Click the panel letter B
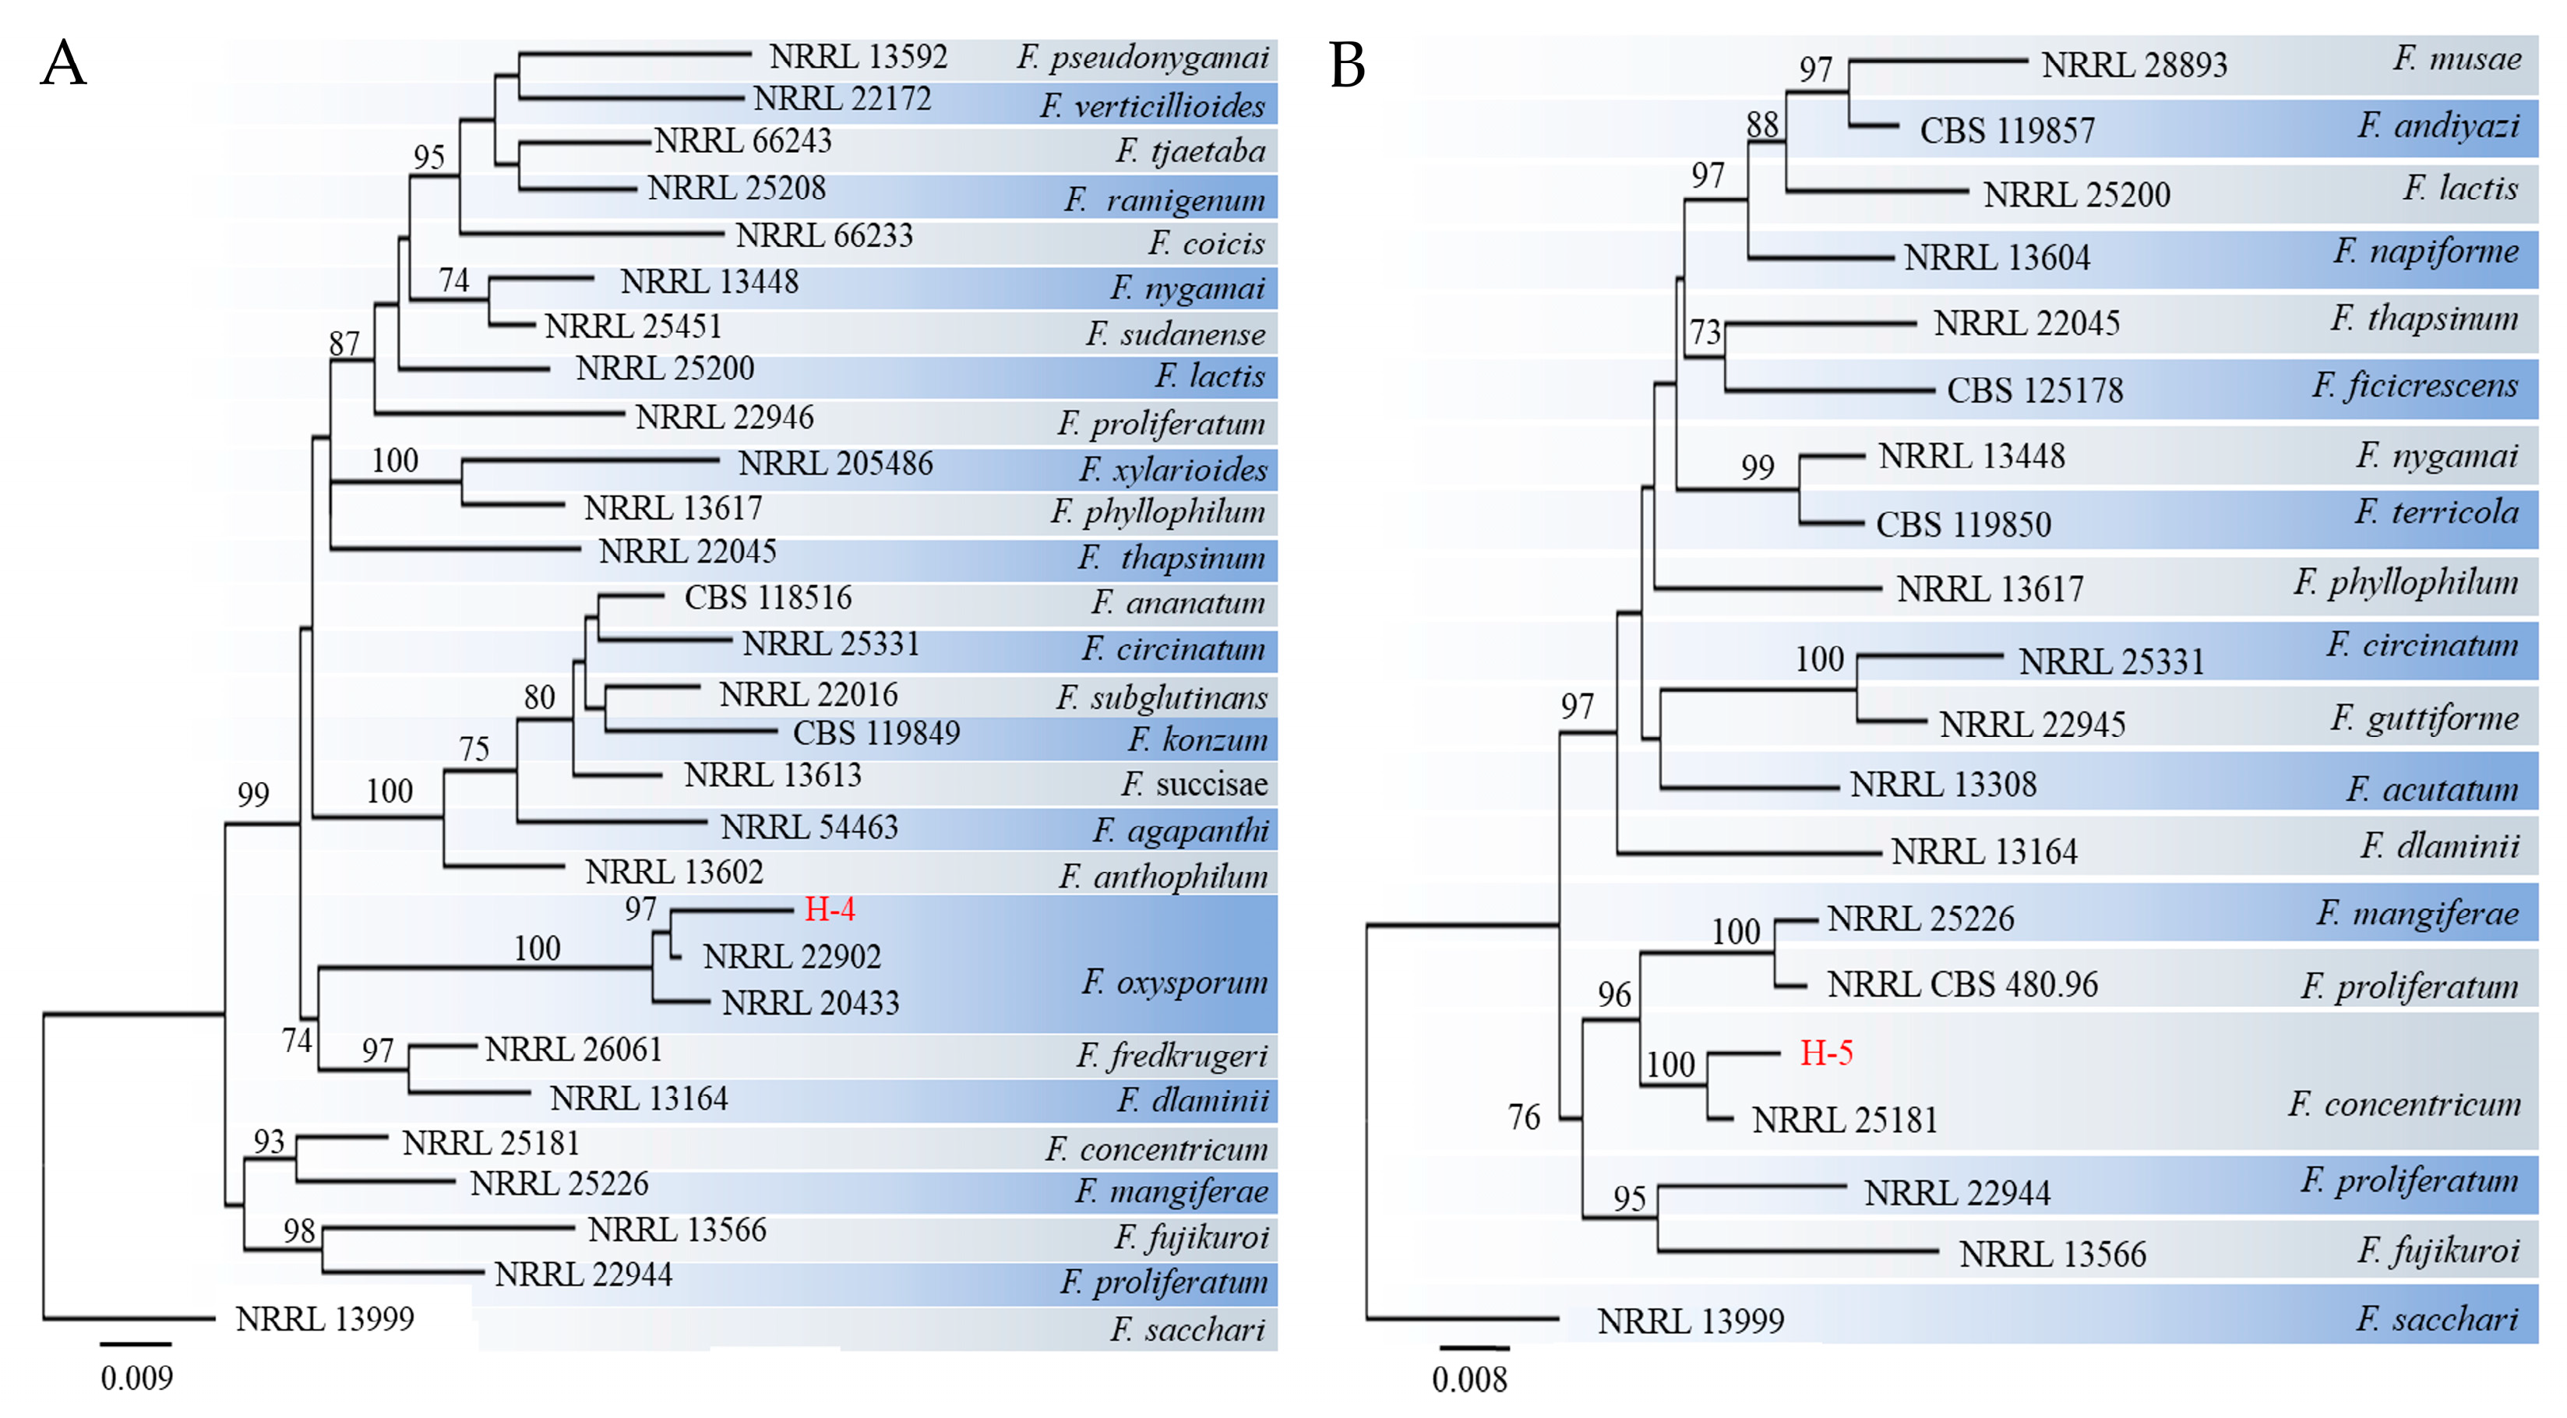1346,65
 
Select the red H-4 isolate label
829,908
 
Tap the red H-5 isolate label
1825,1053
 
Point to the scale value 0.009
136,1378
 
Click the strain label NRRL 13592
858,57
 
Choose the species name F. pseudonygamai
1143,58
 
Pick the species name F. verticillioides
1152,106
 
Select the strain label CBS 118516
767,598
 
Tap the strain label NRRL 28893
2134,65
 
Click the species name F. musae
2457,58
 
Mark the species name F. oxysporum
1175,982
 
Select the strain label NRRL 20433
810,1003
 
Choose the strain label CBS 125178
2035,390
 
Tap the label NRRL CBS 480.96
1962,985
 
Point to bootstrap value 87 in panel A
344,344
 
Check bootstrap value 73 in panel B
1705,332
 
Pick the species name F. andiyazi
2438,126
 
